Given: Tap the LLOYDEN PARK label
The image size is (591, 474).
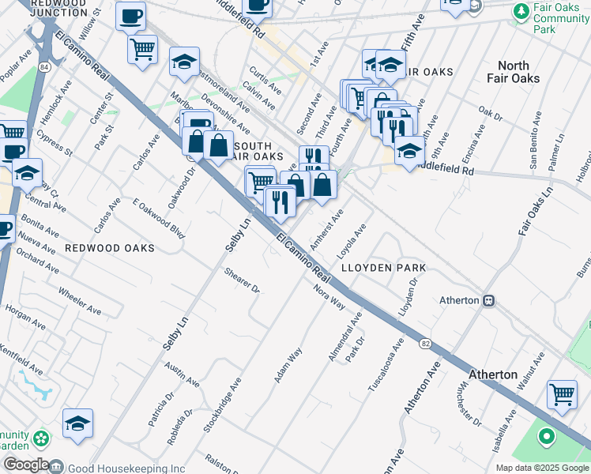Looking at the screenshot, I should click(x=383, y=268).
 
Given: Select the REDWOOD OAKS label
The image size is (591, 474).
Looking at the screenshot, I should click(x=110, y=248).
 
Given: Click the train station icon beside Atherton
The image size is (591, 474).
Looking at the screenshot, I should click(x=489, y=300).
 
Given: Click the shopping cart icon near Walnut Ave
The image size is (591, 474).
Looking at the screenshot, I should click(x=562, y=393).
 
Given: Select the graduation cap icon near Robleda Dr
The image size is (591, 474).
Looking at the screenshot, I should click(x=77, y=425).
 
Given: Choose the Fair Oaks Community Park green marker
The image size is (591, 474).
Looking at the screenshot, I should click(x=521, y=12).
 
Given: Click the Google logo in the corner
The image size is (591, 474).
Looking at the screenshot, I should click(x=25, y=465).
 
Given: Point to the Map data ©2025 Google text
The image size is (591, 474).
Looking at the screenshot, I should click(x=541, y=468).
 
